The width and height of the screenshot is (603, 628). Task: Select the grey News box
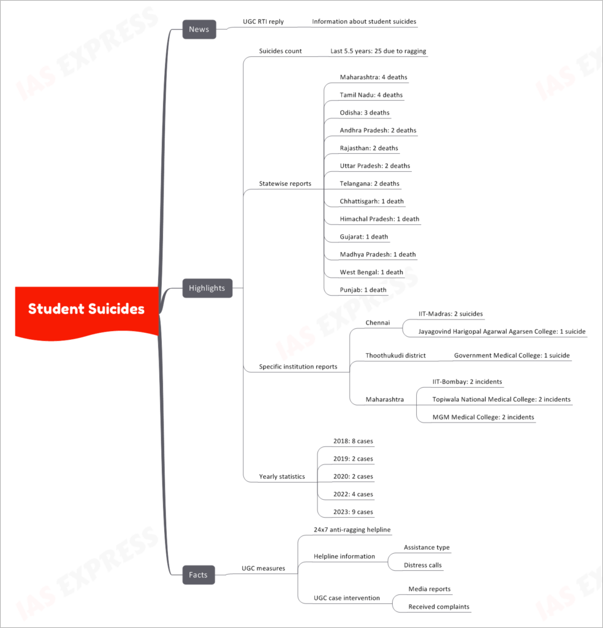pyautogui.click(x=199, y=29)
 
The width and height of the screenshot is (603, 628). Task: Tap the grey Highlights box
pyautogui.click(x=207, y=288)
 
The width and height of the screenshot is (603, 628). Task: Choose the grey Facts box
pyautogui.click(x=199, y=575)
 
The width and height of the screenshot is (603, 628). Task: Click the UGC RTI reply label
pyautogui.click(x=264, y=21)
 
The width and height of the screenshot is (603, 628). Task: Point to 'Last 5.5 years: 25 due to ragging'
pyautogui.click(x=378, y=52)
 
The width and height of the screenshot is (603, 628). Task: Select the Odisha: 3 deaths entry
pyautogui.click(x=365, y=113)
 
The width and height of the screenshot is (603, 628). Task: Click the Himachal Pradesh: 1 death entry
pyautogui.click(x=379, y=219)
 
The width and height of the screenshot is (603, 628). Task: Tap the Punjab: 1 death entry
pyautogui.click(x=363, y=290)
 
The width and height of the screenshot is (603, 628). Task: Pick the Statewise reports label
pyautogui.click(x=285, y=184)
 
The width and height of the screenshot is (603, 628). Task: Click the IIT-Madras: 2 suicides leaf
pyautogui.click(x=450, y=314)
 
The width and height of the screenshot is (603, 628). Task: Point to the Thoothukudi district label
pyautogui.click(x=395, y=356)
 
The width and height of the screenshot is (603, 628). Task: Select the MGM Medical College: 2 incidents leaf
pyautogui.click(x=483, y=417)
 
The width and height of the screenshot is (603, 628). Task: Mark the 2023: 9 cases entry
pyautogui.click(x=353, y=512)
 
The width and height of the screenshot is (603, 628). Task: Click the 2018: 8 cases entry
pyautogui.click(x=353, y=441)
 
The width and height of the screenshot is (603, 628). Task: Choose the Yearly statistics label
pyautogui.click(x=282, y=477)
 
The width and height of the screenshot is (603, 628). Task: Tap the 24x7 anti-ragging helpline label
pyautogui.click(x=352, y=530)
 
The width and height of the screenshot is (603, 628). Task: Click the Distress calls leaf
pyautogui.click(x=423, y=565)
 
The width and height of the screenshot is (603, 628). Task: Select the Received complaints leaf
pyautogui.click(x=439, y=607)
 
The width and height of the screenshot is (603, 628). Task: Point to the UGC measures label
pyautogui.click(x=264, y=569)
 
